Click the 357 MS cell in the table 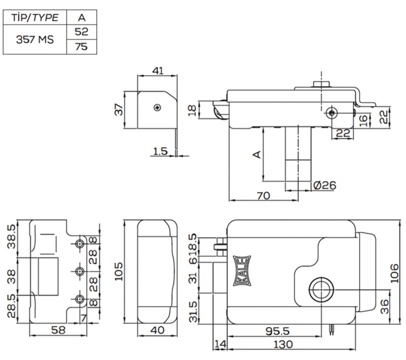(35, 39)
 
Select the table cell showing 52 (81, 32)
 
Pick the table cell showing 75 (81, 47)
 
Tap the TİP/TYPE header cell (35, 18)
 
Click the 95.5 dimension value (277, 331)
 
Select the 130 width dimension (283, 344)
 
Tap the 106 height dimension (394, 273)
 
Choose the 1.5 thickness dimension (160, 151)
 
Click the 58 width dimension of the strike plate (58, 330)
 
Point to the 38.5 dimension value (12, 236)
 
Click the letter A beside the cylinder (257, 154)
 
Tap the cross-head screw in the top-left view (157, 107)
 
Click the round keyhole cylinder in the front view (321, 290)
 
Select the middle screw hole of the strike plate (80, 271)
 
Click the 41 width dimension (158, 70)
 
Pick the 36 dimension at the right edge (385, 306)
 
